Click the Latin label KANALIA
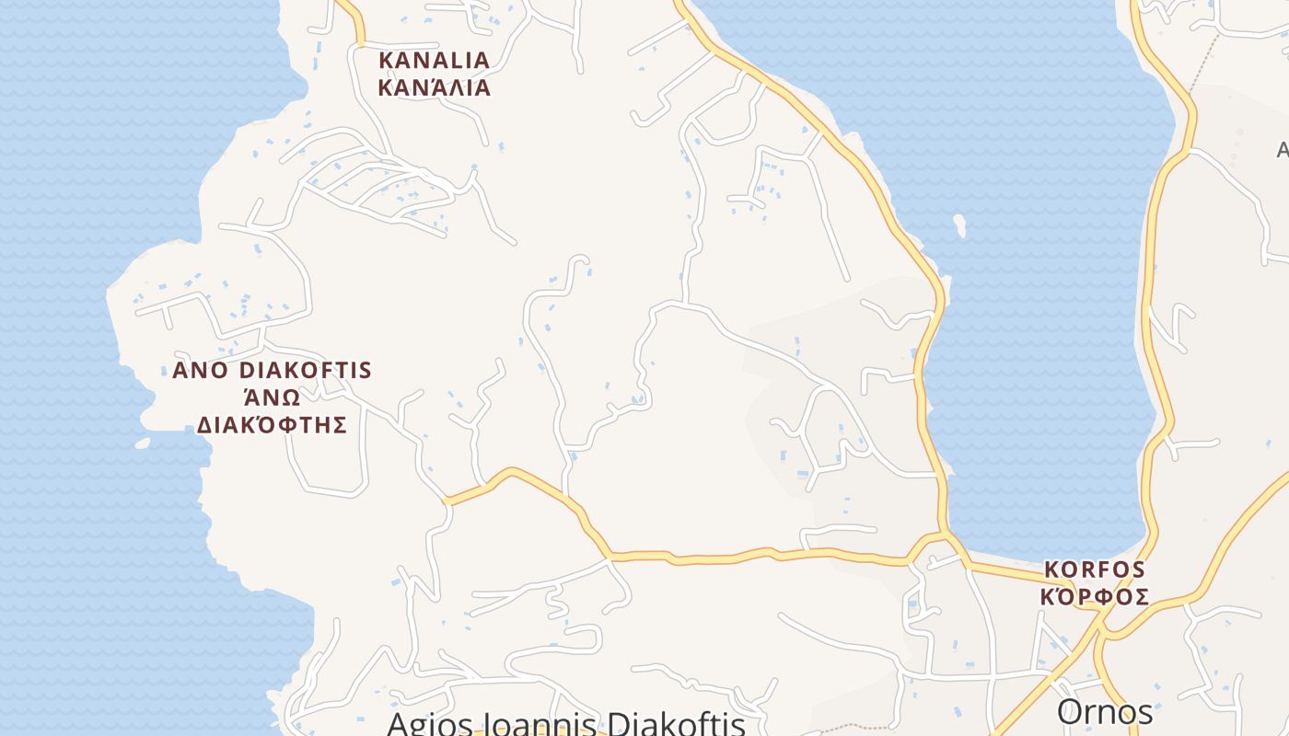click(x=435, y=61)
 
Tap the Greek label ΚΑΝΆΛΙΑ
click(x=435, y=88)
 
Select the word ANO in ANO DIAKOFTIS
click(x=202, y=371)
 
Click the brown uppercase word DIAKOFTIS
click(x=306, y=371)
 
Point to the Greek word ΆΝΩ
click(x=272, y=397)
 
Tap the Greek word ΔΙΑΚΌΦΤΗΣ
click(x=272, y=424)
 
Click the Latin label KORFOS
click(x=1094, y=569)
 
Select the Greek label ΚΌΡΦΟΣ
click(x=1094, y=597)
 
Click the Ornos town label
click(x=1104, y=712)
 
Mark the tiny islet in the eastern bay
click(x=960, y=224)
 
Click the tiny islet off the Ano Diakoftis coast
click(x=142, y=443)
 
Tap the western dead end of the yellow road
click(x=447, y=500)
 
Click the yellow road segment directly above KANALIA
click(x=354, y=20)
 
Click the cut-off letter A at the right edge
click(x=1283, y=150)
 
